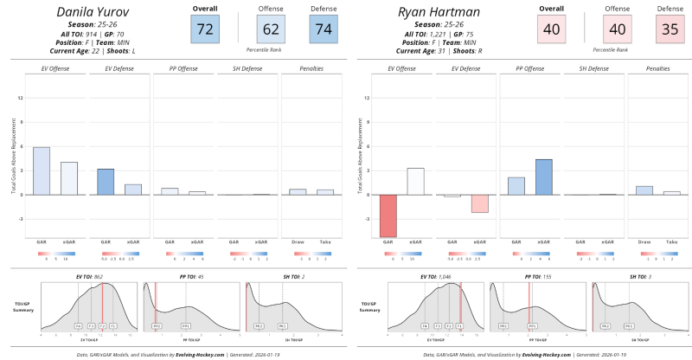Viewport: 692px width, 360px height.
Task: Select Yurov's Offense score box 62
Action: coord(271,30)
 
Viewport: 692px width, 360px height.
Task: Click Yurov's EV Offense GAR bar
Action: coord(42,170)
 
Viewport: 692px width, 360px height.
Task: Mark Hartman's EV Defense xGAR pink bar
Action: coord(480,203)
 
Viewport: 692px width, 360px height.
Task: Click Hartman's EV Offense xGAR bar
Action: coord(415,181)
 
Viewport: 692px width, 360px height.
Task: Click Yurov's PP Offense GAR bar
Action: coord(170,191)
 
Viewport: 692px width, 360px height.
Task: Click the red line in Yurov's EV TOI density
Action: coord(102,307)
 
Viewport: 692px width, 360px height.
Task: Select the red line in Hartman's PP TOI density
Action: coord(529,307)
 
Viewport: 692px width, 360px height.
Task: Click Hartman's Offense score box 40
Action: coord(617,30)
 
